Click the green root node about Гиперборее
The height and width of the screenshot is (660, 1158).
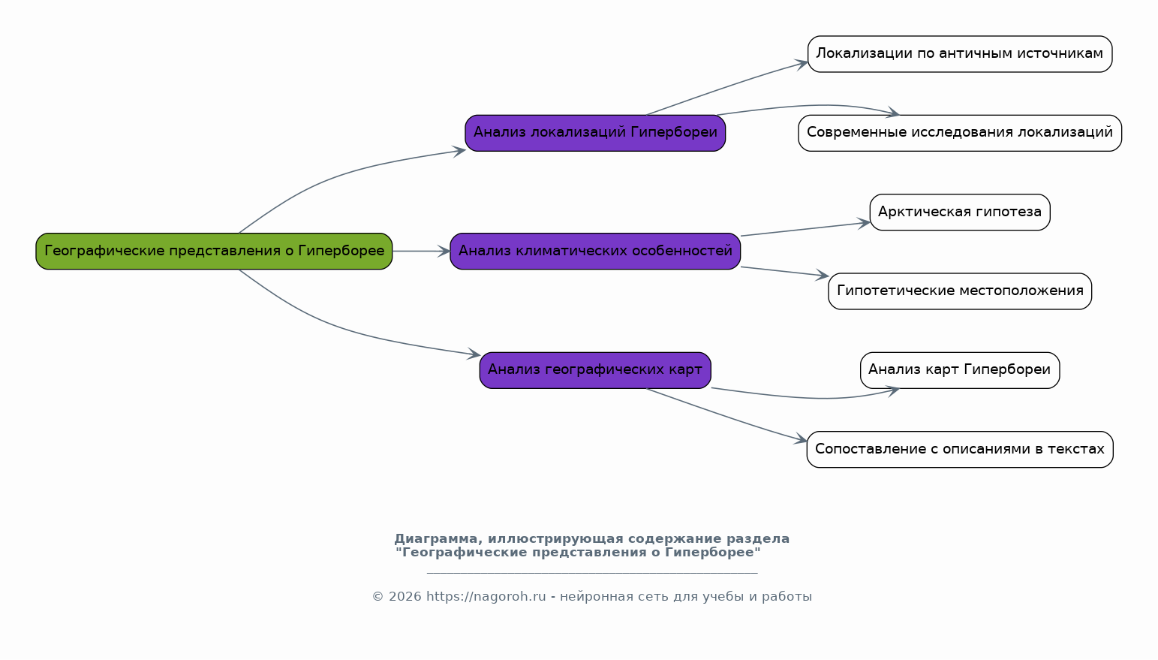(x=214, y=251)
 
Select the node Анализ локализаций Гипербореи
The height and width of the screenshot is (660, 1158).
(x=595, y=133)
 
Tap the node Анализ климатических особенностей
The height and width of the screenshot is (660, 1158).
(x=595, y=251)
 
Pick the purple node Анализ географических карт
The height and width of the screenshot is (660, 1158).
(x=595, y=370)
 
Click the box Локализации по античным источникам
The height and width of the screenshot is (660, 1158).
(x=960, y=54)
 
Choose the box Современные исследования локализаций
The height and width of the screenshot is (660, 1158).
(x=960, y=133)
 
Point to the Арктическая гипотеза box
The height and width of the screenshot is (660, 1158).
(x=960, y=212)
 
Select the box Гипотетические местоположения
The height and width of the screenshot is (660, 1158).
(x=960, y=291)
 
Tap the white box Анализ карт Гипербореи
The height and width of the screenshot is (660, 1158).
(x=960, y=370)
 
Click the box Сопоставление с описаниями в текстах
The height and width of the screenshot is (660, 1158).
(x=960, y=449)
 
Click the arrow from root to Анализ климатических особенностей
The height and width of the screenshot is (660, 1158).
(x=420, y=251)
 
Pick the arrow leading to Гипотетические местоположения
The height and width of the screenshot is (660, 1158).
(x=784, y=272)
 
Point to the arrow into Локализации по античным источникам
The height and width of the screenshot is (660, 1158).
(x=728, y=86)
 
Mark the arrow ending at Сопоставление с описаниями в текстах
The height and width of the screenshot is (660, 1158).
(x=728, y=417)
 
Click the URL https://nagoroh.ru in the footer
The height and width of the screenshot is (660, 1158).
(x=486, y=597)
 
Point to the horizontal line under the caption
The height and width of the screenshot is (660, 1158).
(x=592, y=573)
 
